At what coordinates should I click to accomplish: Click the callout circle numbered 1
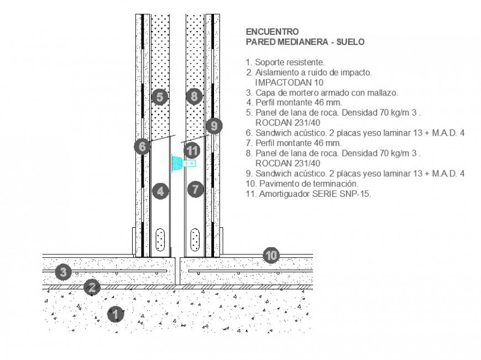tap(115, 314)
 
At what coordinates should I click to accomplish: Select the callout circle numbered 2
tap(92, 287)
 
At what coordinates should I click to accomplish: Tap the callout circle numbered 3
tap(64, 272)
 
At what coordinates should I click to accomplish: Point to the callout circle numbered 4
tap(160, 191)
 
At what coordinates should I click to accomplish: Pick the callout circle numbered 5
tap(159, 97)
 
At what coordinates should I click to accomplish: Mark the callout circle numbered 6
tap(142, 147)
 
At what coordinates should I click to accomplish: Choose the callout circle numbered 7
tap(195, 189)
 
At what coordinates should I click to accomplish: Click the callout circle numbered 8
tap(194, 97)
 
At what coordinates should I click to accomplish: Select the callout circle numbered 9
tap(215, 126)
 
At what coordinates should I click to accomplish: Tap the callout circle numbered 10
tap(271, 255)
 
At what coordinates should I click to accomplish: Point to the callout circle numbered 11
tap(192, 150)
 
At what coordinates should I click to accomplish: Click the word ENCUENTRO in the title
tap(272, 32)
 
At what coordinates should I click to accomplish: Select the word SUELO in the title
tap(349, 41)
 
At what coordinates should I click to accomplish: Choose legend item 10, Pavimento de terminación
tap(302, 183)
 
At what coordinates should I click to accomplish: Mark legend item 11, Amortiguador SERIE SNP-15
tap(308, 194)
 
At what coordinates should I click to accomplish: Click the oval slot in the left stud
tap(160, 239)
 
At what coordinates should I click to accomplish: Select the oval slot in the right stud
tap(195, 239)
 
